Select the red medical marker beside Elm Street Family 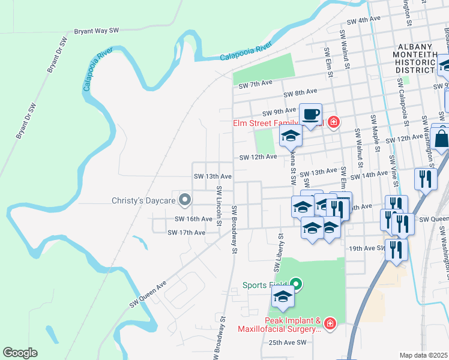pos(334,124)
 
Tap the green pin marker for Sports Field pos(296,284)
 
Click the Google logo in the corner pos(20,353)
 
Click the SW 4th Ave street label pos(362,19)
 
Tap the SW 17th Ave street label pos(186,232)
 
